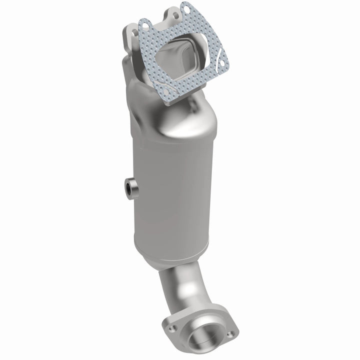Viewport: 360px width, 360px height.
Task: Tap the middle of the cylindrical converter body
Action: [x=172, y=190]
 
